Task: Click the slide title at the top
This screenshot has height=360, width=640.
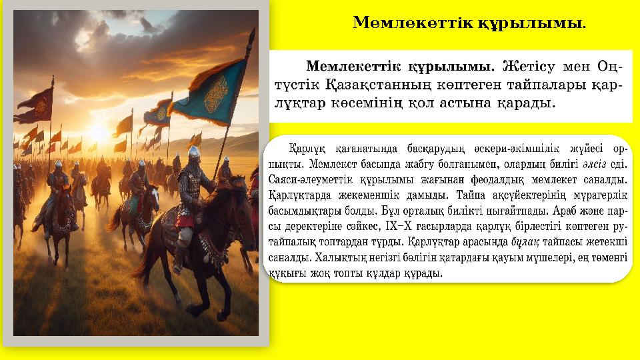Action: click(x=469, y=23)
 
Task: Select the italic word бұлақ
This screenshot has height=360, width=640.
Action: click(x=524, y=242)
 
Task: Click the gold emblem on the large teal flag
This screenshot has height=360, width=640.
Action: click(x=215, y=93)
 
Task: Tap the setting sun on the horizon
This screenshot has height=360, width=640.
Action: click(x=98, y=133)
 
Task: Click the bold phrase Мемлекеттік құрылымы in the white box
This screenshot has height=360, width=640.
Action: click(x=399, y=67)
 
